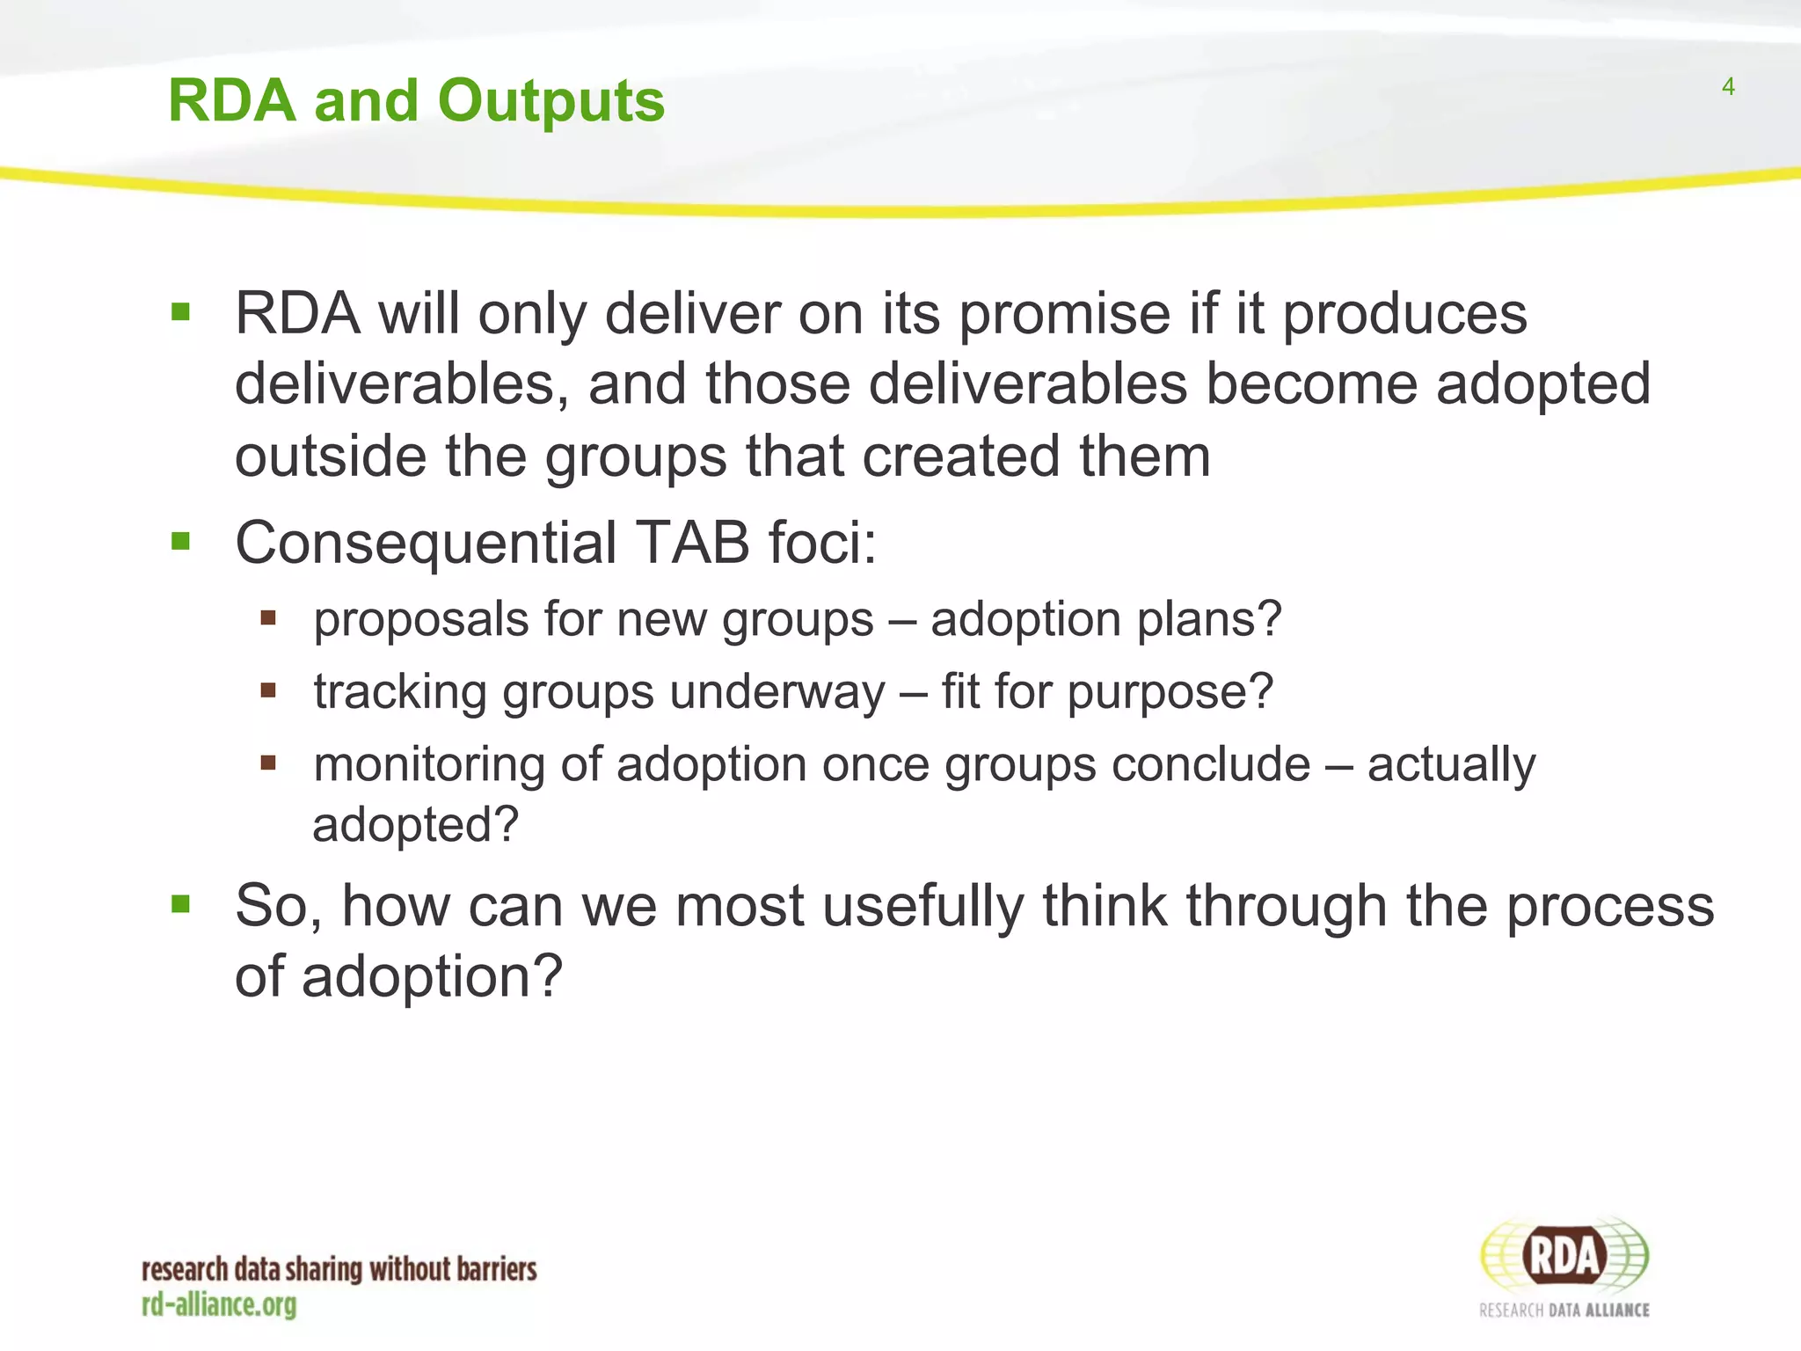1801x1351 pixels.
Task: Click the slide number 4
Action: coord(1727,87)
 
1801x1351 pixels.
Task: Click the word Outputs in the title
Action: coord(551,101)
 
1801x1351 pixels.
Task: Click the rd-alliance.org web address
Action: coord(219,1305)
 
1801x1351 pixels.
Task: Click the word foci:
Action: coord(822,543)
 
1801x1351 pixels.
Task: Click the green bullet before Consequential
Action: coord(181,541)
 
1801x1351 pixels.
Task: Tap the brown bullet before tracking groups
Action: coord(268,690)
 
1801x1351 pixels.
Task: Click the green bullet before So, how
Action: coord(181,903)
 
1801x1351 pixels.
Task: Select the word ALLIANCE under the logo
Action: coord(1616,1311)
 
